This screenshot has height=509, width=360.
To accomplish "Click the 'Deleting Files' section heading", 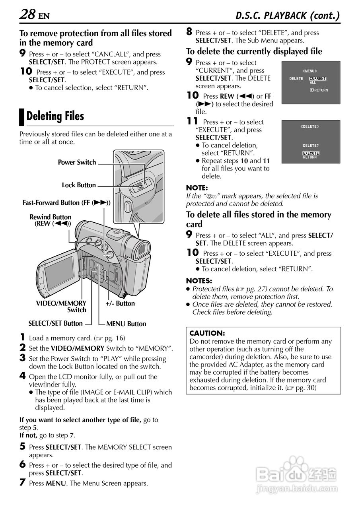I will click(55, 117).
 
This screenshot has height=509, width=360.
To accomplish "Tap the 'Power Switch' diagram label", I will click(77, 162).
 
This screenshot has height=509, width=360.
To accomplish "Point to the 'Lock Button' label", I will click(79, 185).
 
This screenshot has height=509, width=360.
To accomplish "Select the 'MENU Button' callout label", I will click(126, 324).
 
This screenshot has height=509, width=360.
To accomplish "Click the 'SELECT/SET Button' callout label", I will click(56, 323).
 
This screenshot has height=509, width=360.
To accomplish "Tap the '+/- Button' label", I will click(120, 303).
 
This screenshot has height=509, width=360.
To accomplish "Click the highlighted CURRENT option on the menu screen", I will click(318, 79).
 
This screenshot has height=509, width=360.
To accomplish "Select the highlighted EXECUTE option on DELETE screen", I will click(311, 153).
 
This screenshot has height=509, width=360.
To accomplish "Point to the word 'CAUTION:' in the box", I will click(207, 333).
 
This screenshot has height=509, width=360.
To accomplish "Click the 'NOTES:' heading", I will click(199, 281).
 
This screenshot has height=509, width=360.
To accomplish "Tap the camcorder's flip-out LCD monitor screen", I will click(58, 272).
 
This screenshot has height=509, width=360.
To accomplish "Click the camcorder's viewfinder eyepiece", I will click(142, 251).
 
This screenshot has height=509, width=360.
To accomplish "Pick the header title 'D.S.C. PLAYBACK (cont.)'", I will click(288, 16).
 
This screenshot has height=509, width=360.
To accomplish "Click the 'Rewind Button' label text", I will click(51, 217).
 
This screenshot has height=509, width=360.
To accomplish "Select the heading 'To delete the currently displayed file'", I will click(254, 51).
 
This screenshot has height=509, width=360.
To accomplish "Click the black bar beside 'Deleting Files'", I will click(22, 117).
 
